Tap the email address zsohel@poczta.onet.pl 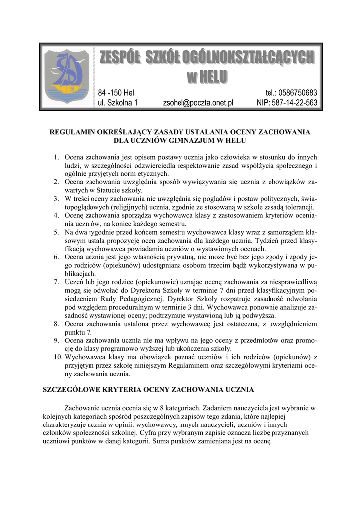(x=198, y=103)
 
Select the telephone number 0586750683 (x=292, y=93)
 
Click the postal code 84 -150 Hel (x=116, y=93)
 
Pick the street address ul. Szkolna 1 (x=117, y=103)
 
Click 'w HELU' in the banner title (x=207, y=76)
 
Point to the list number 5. (x=57, y=232)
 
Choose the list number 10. (x=55, y=357)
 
